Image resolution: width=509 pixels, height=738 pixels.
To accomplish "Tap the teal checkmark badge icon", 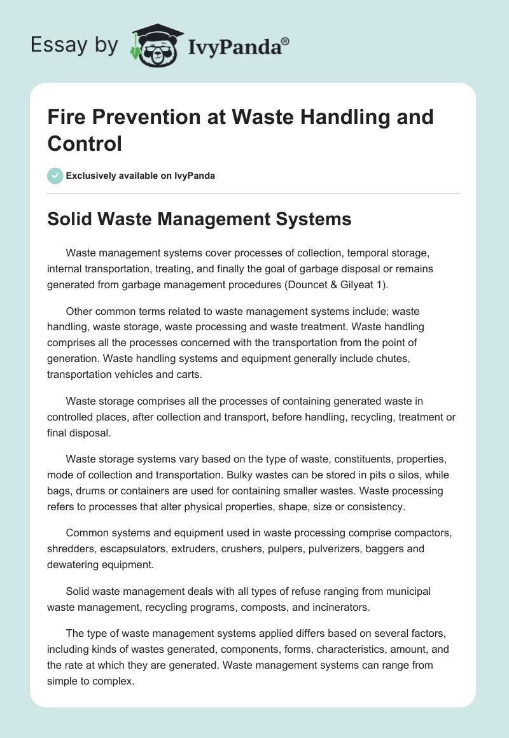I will pyautogui.click(x=55, y=176).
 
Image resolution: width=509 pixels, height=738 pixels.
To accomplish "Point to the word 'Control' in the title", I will pyautogui.click(x=85, y=143).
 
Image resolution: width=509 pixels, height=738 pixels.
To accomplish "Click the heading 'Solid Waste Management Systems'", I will pyautogui.click(x=199, y=219).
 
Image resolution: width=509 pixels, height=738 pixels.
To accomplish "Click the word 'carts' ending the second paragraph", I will pyautogui.click(x=190, y=374).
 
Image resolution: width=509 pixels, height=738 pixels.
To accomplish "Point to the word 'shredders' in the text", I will pyautogui.click(x=70, y=548).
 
